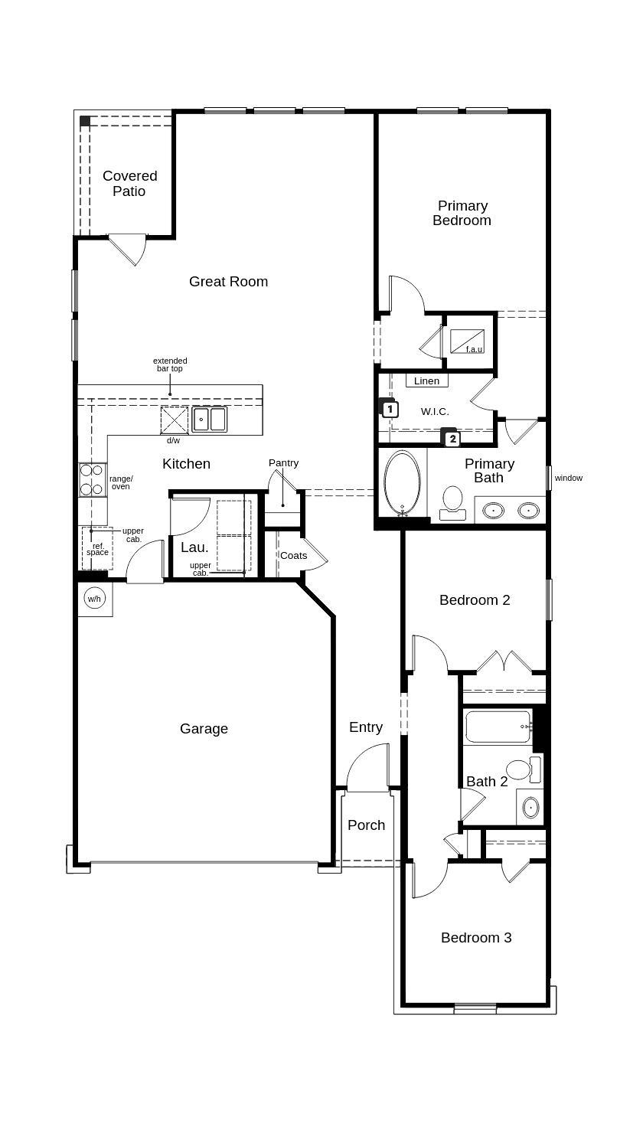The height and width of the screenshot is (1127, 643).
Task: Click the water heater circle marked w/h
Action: [x=94, y=599]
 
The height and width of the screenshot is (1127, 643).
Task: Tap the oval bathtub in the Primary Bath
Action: [x=402, y=483]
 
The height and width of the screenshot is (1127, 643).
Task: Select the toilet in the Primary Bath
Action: [x=452, y=501]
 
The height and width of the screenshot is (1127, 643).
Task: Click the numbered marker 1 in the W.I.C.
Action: [x=390, y=409]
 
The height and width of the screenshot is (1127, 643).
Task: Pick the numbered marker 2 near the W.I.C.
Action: [x=452, y=439]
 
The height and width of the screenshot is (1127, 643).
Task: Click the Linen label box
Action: [x=426, y=381]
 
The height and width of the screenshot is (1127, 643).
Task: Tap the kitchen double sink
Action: [x=209, y=420]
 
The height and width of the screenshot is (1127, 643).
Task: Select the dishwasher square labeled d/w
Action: [x=174, y=420]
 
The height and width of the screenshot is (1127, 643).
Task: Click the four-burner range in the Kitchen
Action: [x=92, y=480]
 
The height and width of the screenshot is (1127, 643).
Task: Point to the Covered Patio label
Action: [x=129, y=184]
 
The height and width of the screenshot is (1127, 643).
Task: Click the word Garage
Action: [x=204, y=729]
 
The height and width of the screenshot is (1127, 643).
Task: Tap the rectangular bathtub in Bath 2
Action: [x=498, y=727]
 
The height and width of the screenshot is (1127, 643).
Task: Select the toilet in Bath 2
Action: [x=523, y=769]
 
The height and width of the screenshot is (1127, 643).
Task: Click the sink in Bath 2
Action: [x=530, y=807]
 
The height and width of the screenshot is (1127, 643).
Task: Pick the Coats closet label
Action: [x=293, y=556]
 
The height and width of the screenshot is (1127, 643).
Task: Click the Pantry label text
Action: [x=283, y=463]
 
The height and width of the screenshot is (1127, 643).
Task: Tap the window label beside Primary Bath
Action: [x=568, y=479]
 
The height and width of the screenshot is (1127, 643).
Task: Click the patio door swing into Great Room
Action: [x=129, y=248]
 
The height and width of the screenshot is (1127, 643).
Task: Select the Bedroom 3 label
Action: [x=475, y=938]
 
